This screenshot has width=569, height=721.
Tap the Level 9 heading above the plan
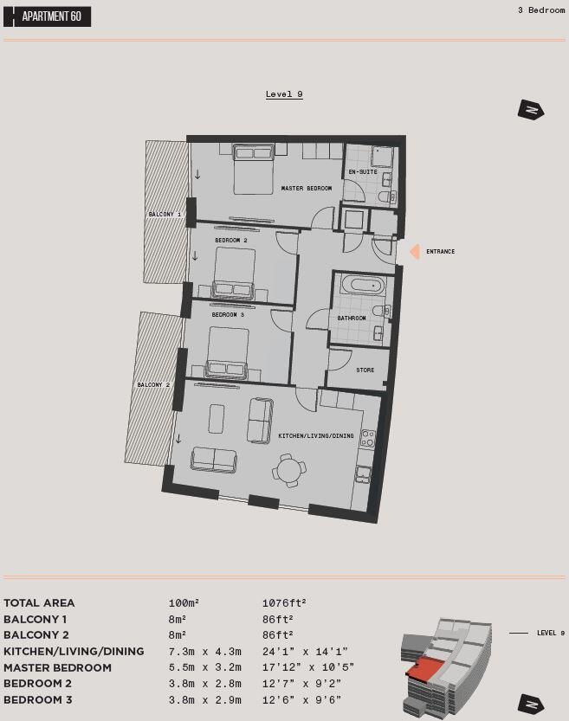coord(284,94)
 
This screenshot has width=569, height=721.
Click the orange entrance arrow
coord(414,252)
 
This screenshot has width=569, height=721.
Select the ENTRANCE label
coord(440,252)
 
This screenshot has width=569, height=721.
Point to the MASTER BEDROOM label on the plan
coord(307,189)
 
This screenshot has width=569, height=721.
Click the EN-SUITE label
coord(362,172)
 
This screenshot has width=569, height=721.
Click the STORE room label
coord(365,370)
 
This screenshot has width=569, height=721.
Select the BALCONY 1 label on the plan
coord(165,214)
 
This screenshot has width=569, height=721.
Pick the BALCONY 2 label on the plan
coord(153,384)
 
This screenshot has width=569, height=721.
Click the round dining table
coord(288,470)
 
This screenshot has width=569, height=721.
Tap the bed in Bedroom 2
coord(234,272)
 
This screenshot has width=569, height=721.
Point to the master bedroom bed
coord(254,169)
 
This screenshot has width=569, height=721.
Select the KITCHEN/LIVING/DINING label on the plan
coord(316,436)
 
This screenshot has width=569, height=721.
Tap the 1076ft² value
coord(284,602)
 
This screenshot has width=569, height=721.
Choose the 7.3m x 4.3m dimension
coord(204,651)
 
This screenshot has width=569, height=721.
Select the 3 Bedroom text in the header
coord(540,10)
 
